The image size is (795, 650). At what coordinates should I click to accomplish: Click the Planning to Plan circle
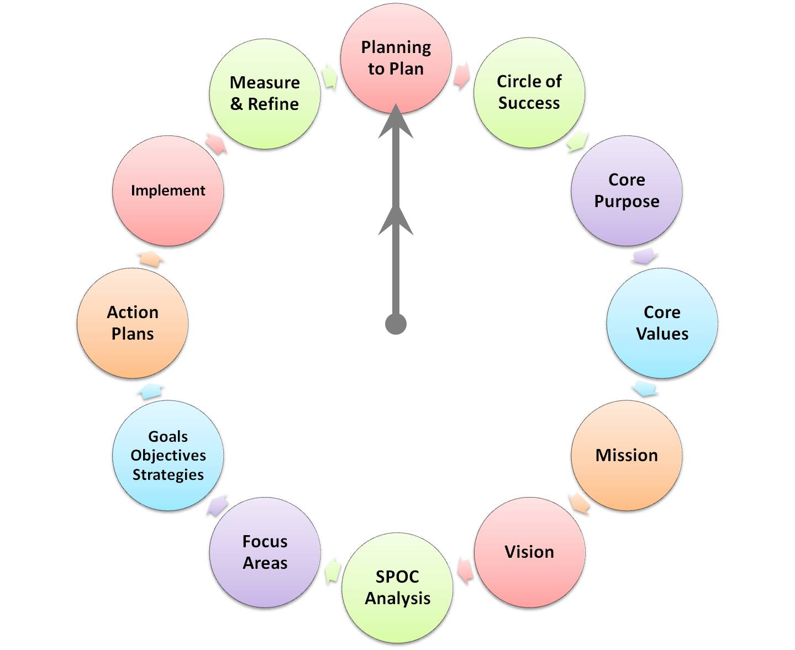coord(396,58)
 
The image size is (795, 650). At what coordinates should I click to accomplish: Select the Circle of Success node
coord(529,92)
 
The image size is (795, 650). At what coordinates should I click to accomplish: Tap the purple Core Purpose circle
coord(626,191)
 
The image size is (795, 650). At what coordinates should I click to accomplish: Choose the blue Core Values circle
coord(662,323)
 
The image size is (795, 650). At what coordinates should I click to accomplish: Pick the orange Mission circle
coord(626,455)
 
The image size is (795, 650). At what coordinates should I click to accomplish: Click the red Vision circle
coord(529,552)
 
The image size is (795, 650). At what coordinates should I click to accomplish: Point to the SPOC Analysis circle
coord(397,587)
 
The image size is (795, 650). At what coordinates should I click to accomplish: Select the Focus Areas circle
coord(265,552)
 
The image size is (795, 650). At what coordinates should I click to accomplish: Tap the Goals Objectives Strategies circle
coord(168,455)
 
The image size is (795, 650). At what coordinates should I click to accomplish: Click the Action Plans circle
coord(133,323)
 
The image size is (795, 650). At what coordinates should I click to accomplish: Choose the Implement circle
coord(168,191)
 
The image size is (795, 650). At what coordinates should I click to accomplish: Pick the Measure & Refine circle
coord(265,93)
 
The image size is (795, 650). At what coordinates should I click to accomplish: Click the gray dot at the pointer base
coord(396,324)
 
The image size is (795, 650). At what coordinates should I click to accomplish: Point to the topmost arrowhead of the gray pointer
coord(396,121)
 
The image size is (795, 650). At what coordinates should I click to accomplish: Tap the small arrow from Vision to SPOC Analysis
coord(465,570)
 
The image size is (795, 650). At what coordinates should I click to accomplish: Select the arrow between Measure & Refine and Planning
coord(330,76)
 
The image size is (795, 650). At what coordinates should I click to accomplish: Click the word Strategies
coord(168,474)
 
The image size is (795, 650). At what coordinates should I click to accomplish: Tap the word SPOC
coord(397,577)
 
